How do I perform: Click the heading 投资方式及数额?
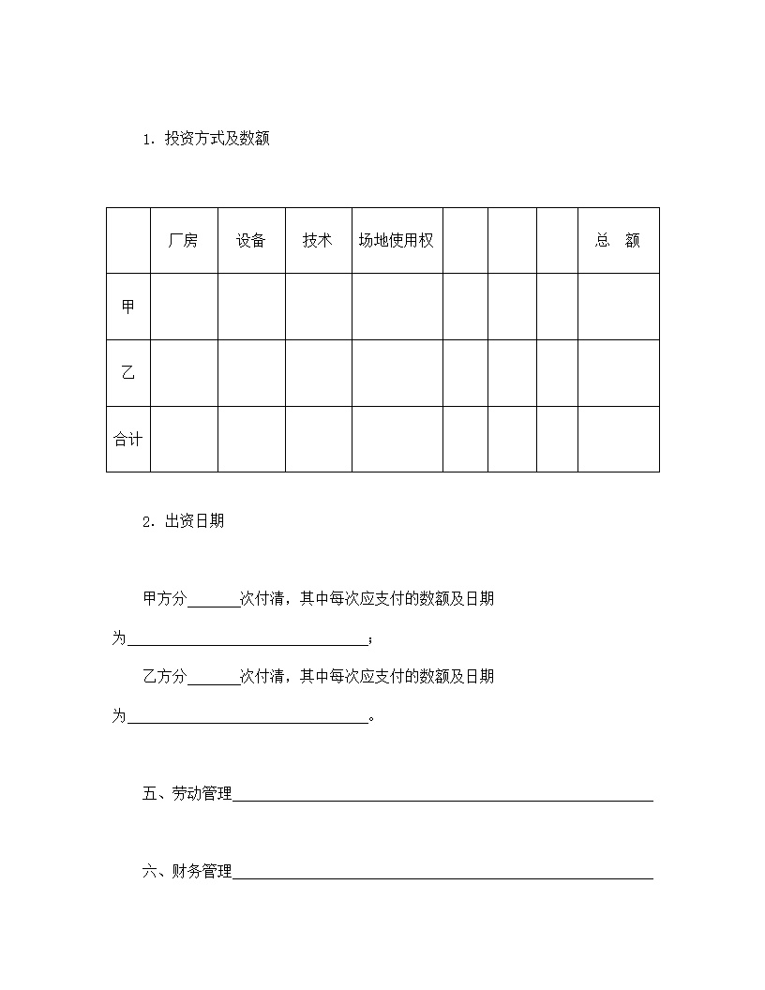[217, 139]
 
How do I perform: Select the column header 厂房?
[183, 240]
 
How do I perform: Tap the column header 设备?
[251, 240]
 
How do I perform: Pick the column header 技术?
[318, 240]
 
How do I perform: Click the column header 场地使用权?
[397, 240]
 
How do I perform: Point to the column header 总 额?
[618, 240]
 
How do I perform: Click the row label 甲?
[128, 307]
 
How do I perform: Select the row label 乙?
[128, 373]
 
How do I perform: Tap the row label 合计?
[128, 439]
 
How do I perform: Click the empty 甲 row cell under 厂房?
[184, 307]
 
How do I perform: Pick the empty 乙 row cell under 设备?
[251, 373]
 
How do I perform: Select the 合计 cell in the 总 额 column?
[618, 439]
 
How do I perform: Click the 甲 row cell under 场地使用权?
[397, 307]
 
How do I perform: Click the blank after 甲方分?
[214, 600]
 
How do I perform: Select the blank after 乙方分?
[214, 677]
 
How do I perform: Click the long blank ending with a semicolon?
[247, 639]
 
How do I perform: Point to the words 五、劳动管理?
[187, 794]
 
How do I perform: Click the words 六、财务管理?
[187, 872]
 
